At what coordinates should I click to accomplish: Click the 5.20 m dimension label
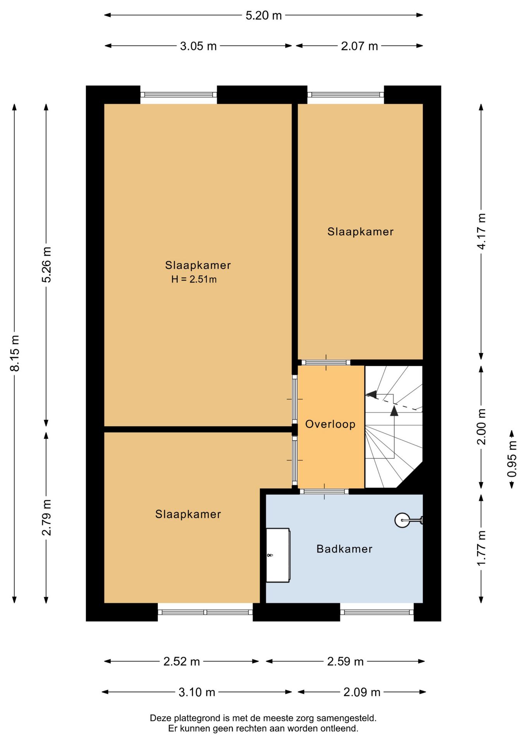[x=263, y=15]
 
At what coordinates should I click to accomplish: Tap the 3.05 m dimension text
[x=198, y=46]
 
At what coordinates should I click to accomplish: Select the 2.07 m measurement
[x=359, y=46]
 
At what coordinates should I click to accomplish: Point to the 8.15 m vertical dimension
[x=15, y=353]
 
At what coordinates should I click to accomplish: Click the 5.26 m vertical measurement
[x=46, y=265]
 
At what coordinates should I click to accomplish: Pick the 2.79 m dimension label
[x=46, y=518]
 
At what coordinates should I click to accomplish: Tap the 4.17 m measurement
[x=481, y=231]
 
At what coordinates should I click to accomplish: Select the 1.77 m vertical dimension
[x=481, y=548]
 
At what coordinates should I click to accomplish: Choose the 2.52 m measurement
[x=181, y=661]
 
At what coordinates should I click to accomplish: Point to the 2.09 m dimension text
[x=362, y=692]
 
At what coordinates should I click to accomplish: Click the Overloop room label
[x=330, y=424]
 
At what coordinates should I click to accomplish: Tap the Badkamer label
[x=344, y=549]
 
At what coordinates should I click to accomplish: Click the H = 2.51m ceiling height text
[x=194, y=279]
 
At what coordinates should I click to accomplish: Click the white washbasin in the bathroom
[x=278, y=555]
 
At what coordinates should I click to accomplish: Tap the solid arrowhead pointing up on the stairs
[x=394, y=411]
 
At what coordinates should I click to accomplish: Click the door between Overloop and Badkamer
[x=324, y=491]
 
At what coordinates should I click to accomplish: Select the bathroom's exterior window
[x=377, y=612]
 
